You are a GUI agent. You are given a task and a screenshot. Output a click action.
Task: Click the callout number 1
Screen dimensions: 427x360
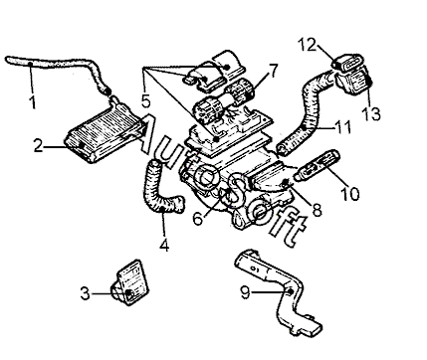(33, 102)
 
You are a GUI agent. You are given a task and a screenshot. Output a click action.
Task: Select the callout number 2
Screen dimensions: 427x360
(38, 146)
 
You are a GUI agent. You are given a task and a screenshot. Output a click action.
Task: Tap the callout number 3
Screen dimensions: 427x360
(86, 293)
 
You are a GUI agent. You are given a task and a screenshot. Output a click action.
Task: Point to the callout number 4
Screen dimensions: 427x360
(164, 246)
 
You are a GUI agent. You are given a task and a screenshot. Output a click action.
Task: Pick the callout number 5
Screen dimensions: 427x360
(146, 100)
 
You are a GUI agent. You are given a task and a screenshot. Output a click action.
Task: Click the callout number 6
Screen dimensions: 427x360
(198, 219)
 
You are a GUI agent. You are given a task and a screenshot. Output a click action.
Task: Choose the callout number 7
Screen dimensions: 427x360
(273, 71)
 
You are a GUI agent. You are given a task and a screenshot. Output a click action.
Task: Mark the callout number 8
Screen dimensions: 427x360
(318, 210)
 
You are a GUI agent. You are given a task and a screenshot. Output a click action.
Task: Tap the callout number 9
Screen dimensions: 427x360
(245, 292)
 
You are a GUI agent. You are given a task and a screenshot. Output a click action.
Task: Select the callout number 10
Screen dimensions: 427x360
(349, 194)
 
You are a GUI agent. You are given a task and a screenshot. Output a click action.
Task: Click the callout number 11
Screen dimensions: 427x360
(342, 127)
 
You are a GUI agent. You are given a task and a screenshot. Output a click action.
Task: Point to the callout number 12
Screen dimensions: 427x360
(307, 45)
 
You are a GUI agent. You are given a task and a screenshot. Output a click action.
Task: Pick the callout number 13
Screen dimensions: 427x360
(371, 113)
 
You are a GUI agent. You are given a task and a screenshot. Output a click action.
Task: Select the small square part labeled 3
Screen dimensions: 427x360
(130, 282)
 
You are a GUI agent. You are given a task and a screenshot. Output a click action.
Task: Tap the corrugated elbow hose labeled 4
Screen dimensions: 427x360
(160, 189)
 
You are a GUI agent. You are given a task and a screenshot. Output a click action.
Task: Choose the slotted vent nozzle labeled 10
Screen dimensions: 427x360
(318, 165)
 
